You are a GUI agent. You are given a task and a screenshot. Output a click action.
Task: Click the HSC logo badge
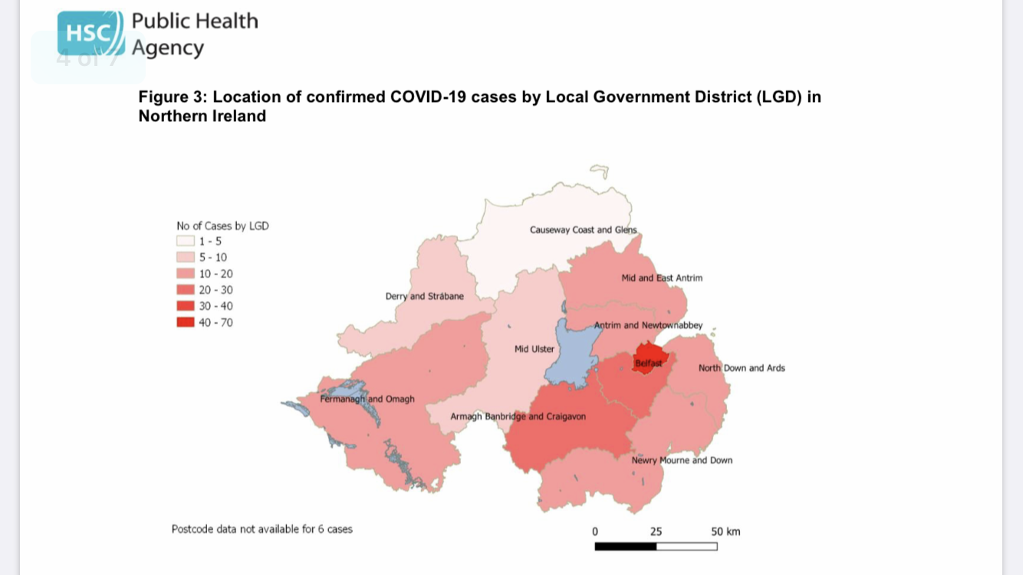90,33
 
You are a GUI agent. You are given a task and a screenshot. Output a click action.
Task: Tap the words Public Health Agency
194,34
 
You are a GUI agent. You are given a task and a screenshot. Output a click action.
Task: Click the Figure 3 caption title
479,107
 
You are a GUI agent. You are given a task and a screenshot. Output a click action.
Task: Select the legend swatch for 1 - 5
186,242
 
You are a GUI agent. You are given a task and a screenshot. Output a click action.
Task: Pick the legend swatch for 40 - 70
186,323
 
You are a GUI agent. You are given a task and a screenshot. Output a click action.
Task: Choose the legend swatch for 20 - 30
186,290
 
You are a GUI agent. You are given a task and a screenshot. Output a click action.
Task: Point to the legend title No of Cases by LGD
222,226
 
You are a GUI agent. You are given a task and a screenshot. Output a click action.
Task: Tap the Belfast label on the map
648,363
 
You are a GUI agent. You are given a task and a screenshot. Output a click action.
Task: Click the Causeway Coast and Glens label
583,230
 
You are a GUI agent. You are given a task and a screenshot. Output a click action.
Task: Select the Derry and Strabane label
424,296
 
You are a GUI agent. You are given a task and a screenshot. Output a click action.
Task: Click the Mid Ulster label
534,349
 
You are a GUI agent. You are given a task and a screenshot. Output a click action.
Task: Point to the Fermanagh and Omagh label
367,399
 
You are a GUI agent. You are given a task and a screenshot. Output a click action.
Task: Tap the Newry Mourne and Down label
682,461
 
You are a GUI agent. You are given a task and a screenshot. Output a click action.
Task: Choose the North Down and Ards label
741,368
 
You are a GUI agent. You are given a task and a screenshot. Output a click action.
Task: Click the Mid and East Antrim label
661,278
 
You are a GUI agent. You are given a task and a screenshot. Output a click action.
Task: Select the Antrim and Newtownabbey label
648,325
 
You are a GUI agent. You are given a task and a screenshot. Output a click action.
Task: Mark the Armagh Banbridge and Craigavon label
518,416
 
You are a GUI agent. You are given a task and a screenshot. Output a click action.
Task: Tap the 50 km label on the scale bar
725,531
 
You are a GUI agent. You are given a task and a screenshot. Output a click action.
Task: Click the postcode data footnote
262,529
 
